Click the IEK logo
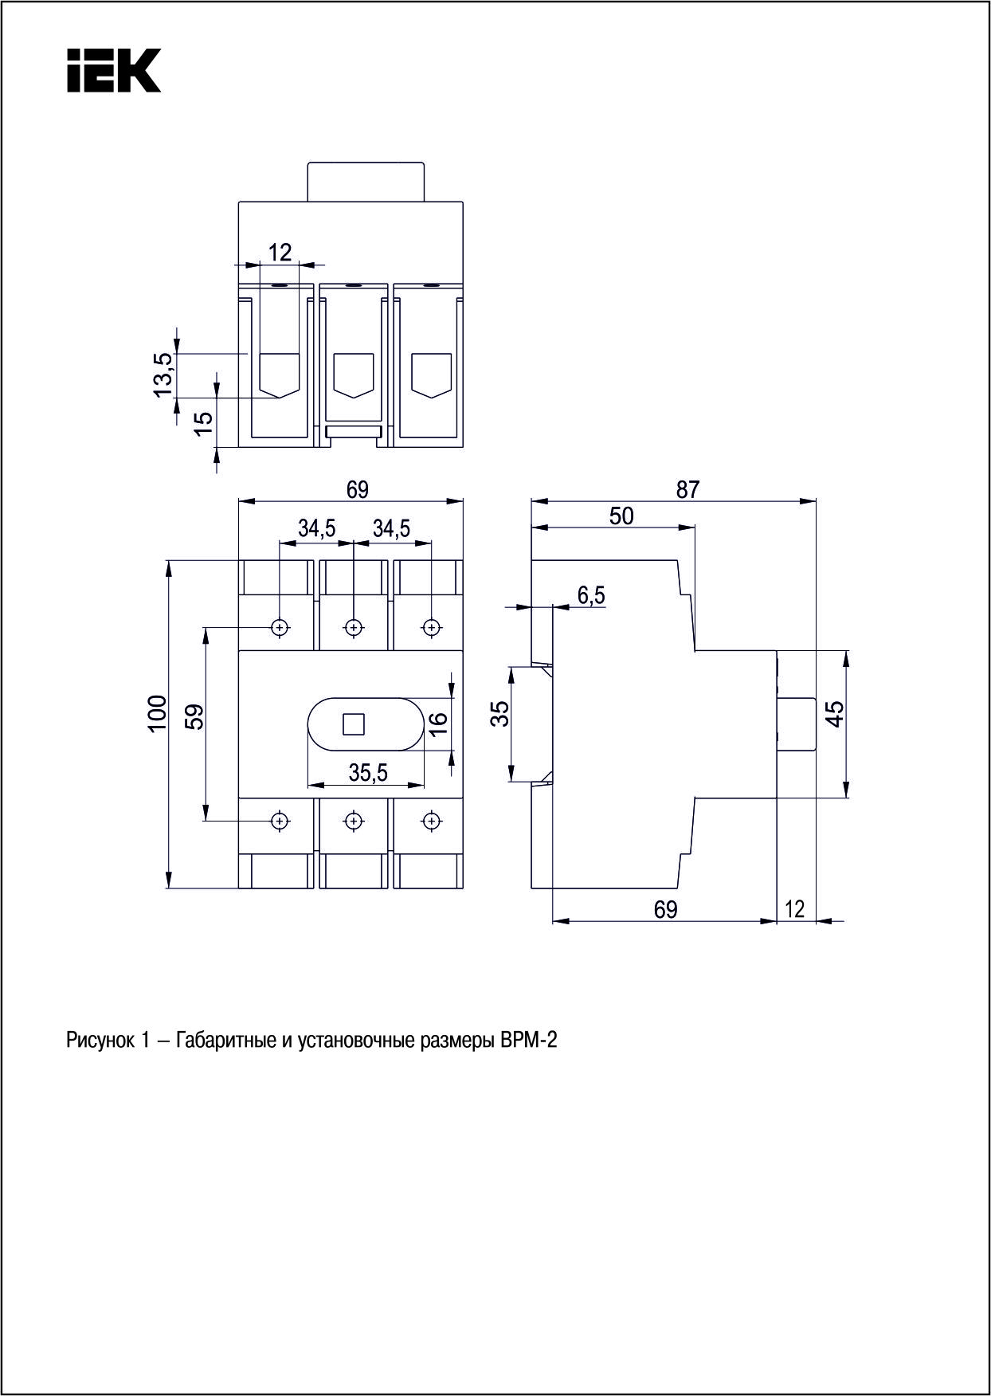[x=113, y=70]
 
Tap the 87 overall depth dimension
[x=687, y=489]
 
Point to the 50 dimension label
[x=621, y=516]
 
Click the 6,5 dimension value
[x=590, y=594]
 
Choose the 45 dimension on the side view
[x=834, y=713]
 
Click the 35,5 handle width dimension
[x=368, y=771]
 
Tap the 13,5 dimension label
[x=163, y=373]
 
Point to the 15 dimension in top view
[x=205, y=423]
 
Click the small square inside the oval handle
[x=353, y=724]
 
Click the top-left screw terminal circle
[x=279, y=627]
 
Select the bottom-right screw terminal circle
[x=431, y=821]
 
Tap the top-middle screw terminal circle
[x=354, y=627]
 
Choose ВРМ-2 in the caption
[x=529, y=1041]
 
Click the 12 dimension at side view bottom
[x=795, y=908]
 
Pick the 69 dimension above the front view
[x=358, y=489]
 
